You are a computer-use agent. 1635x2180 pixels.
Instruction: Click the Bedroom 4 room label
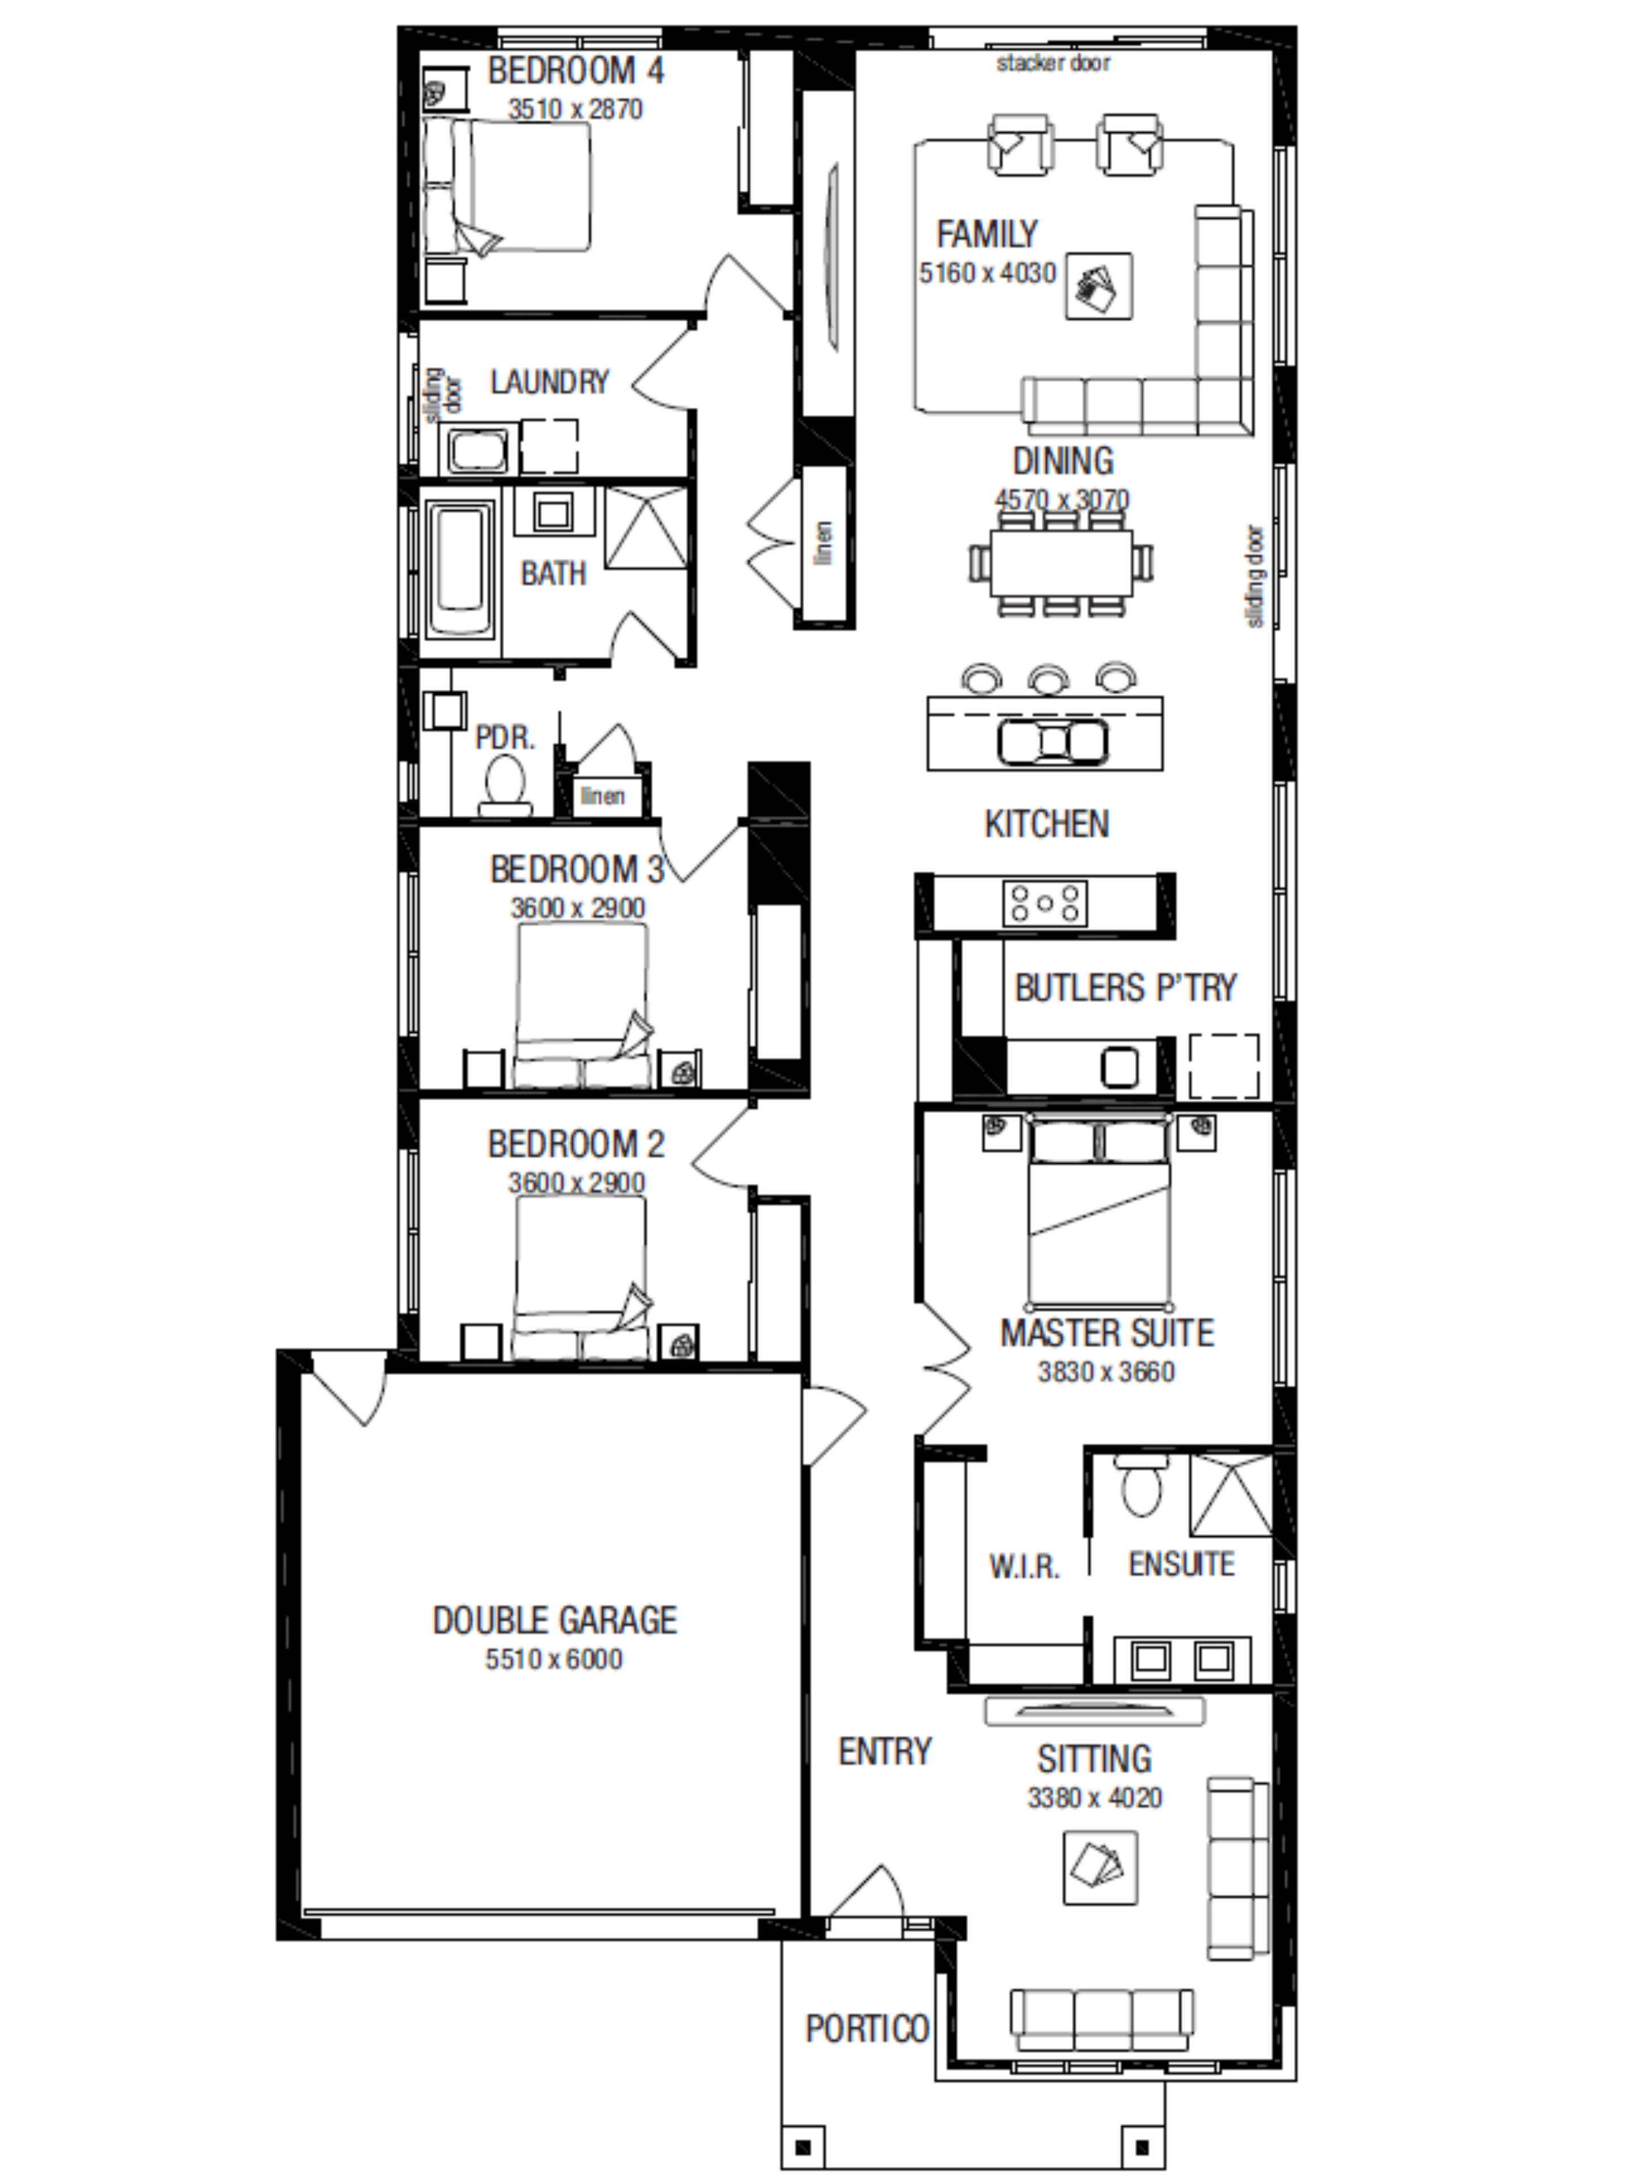click(x=576, y=71)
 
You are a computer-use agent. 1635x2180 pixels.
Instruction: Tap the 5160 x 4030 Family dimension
click(x=987, y=273)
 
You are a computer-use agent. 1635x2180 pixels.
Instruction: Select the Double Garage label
click(x=555, y=1621)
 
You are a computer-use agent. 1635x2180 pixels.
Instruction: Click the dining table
click(x=1062, y=562)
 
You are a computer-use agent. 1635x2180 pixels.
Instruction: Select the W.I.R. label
click(x=1024, y=1566)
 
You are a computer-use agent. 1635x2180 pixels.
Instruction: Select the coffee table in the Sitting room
click(x=1100, y=1868)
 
